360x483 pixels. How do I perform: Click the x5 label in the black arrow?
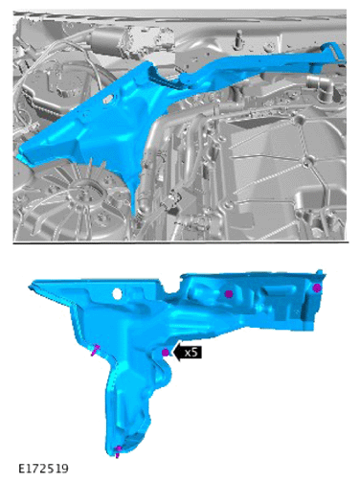coord(191,353)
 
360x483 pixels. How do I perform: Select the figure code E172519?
coord(43,469)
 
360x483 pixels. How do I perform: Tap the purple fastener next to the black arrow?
coord(166,353)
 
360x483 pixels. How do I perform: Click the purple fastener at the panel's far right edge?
coord(317,288)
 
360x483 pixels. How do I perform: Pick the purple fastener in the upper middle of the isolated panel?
coord(229,294)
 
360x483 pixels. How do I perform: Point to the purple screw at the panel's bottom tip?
coord(118,451)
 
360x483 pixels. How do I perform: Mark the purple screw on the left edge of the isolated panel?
coord(96,350)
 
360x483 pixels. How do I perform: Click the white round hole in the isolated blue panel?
coord(117,293)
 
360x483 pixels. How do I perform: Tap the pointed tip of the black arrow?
coord(172,353)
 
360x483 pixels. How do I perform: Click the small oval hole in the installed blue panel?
coord(108,99)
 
